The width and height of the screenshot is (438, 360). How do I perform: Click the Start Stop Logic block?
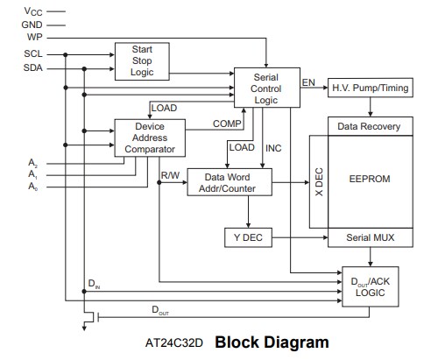[x=142, y=61]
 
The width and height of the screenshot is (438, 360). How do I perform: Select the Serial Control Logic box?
[x=267, y=88]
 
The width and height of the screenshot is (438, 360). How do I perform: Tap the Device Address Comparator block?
[x=150, y=138]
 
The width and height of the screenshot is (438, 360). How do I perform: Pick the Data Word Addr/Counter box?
[x=230, y=182]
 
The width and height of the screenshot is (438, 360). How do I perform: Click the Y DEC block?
[x=248, y=237]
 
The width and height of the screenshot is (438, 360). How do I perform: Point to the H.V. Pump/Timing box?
[x=371, y=88]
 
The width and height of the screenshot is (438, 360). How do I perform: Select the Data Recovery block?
[x=371, y=126]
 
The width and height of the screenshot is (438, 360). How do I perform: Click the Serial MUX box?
[x=371, y=237]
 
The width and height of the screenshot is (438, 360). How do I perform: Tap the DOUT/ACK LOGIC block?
[x=371, y=286]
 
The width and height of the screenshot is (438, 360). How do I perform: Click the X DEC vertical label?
[x=319, y=181]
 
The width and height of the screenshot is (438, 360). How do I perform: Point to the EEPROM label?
[x=370, y=179]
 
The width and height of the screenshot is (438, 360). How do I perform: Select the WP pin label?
[x=35, y=37]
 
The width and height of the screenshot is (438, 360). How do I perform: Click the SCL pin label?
[x=33, y=53]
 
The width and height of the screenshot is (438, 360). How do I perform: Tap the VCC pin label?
[x=33, y=11]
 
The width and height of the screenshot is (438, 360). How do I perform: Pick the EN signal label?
[x=308, y=82]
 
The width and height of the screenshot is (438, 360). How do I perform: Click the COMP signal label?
[x=227, y=124]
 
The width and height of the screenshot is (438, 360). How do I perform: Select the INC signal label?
[x=273, y=148]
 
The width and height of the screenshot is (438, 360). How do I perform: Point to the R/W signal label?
[x=170, y=175]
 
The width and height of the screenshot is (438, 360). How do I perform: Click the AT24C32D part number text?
[x=174, y=342]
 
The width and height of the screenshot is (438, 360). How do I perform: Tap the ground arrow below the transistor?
[x=84, y=326]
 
